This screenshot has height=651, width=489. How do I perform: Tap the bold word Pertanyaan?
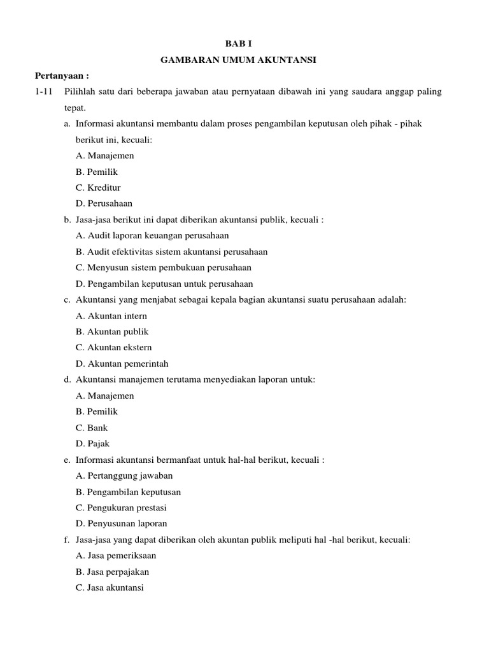[62, 76]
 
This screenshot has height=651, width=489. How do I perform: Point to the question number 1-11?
[44, 92]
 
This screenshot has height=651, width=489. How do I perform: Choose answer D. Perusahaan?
[104, 203]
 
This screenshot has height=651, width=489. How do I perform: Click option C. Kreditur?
[97, 188]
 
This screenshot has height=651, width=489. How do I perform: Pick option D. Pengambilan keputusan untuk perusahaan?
[164, 284]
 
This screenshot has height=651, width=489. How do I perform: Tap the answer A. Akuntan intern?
[111, 316]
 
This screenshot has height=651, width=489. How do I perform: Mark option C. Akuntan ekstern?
[113, 348]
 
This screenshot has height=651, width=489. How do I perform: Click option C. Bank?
[92, 428]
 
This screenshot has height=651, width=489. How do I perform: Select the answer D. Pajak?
[92, 444]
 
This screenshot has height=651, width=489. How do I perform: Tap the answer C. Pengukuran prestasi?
[121, 508]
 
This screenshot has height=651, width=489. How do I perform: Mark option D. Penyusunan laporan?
[121, 524]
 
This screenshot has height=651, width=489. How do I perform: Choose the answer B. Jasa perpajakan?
[112, 572]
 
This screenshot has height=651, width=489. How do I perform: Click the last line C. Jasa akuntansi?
[110, 588]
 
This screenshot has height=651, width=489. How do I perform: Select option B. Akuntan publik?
[111, 332]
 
